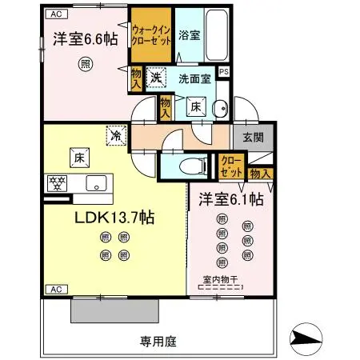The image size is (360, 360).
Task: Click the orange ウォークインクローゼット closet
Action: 151,36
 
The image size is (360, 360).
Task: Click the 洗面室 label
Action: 194,79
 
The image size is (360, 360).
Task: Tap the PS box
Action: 224,71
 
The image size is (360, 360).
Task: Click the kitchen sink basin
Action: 96,182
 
